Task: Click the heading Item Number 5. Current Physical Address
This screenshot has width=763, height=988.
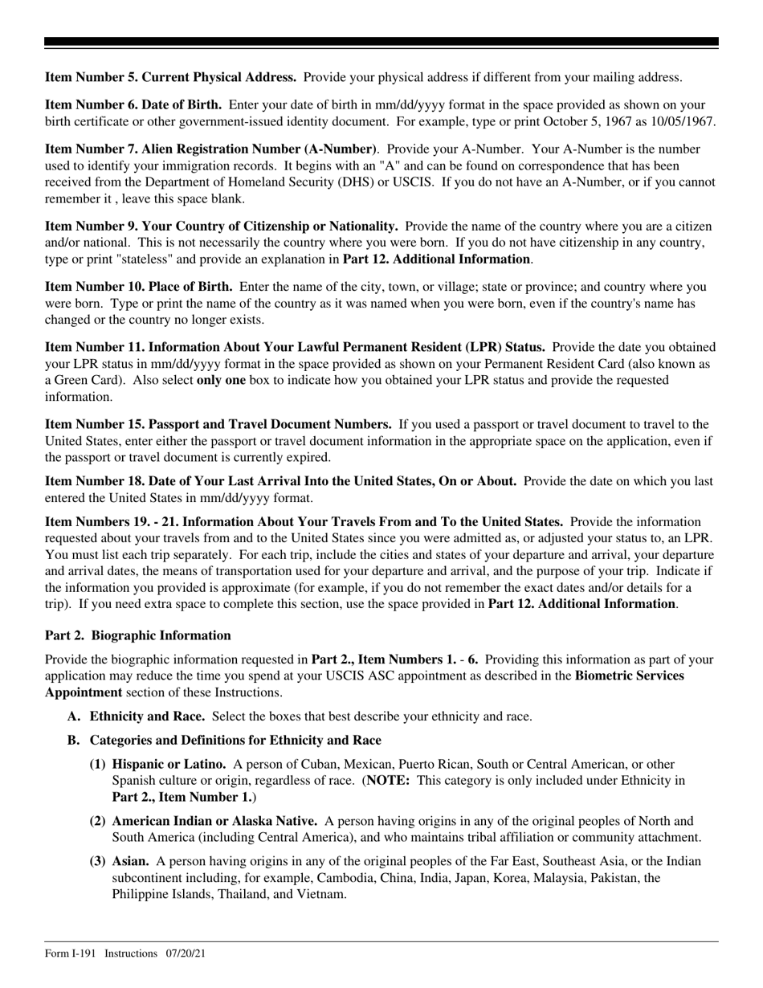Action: click(170, 78)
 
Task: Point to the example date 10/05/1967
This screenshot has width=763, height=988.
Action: click(682, 121)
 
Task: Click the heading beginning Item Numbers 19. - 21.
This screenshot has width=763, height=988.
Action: click(304, 522)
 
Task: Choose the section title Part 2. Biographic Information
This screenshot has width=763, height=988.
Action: click(138, 635)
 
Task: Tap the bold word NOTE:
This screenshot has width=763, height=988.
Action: click(389, 780)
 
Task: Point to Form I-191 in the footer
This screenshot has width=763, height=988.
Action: click(71, 953)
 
